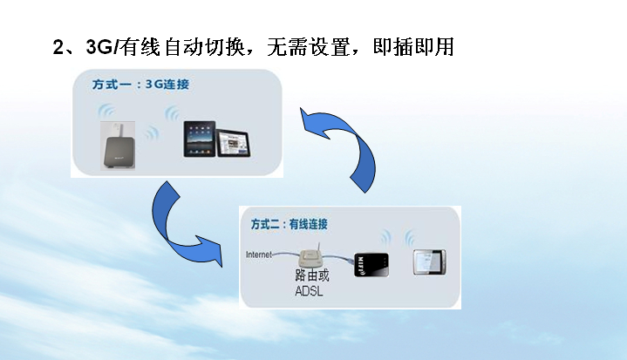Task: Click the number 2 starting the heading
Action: [59, 48]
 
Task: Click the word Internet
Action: [259, 255]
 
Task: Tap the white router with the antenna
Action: [310, 259]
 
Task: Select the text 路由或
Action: [310, 275]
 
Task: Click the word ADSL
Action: [310, 290]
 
